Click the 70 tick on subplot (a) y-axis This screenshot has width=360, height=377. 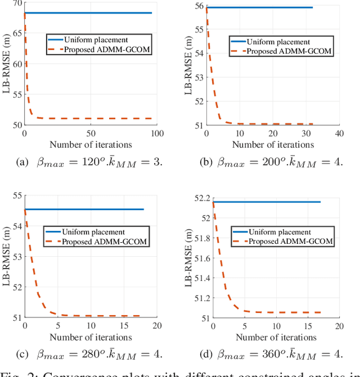point(16,3)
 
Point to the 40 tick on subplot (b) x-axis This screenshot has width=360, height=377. point(339,134)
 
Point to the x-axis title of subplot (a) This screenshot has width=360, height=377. point(91,144)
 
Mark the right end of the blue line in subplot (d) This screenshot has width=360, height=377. point(320,202)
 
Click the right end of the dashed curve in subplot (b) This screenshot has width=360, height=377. point(313,124)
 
